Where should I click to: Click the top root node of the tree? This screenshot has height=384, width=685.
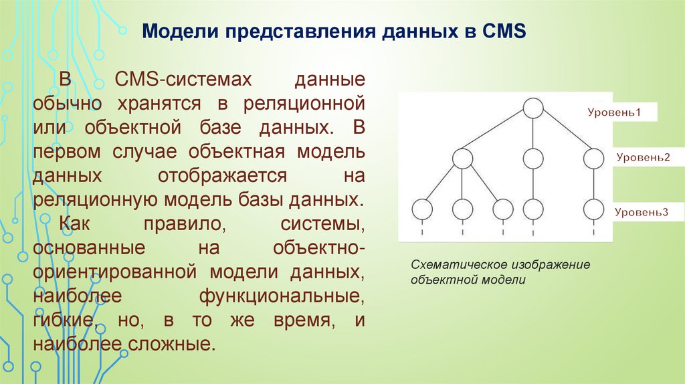(533, 108)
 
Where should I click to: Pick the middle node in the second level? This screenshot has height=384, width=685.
(533, 159)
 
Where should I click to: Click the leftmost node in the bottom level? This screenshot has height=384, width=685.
(421, 209)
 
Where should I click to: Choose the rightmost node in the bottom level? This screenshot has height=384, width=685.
(593, 209)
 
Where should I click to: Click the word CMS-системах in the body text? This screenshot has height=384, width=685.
(182, 80)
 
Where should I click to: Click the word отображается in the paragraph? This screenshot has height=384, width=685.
(223, 177)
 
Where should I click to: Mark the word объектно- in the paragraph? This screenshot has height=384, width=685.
(319, 248)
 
